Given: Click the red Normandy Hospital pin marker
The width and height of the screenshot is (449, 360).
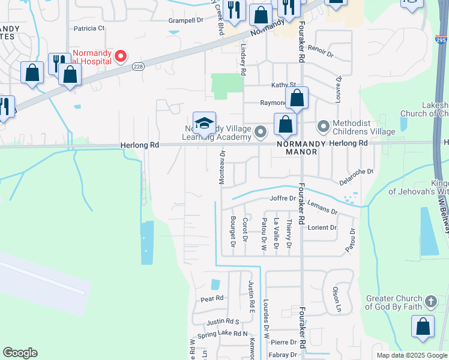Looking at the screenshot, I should (x=120, y=56).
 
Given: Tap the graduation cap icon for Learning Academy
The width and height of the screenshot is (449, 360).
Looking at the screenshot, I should (x=204, y=124).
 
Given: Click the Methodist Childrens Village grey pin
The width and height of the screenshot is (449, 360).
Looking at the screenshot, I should (x=324, y=127).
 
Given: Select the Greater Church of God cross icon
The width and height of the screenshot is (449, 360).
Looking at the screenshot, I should (x=430, y=301).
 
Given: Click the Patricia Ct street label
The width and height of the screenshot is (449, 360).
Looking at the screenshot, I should (x=89, y=28).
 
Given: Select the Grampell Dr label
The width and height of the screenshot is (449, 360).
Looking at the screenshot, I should (x=185, y=20).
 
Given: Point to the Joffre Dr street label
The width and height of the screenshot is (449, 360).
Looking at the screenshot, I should (x=283, y=198).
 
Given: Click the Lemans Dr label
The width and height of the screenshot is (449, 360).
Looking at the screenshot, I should (x=322, y=208).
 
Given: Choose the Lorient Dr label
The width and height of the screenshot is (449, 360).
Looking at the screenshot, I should (x=322, y=227).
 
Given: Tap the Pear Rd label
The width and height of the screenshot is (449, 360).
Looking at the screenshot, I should (x=212, y=298).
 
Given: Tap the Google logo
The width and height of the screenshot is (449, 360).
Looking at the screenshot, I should (x=20, y=353).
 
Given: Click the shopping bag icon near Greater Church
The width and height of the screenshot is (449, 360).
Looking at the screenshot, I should (x=423, y=327).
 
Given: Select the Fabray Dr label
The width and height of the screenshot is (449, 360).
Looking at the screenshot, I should (x=283, y=355).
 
